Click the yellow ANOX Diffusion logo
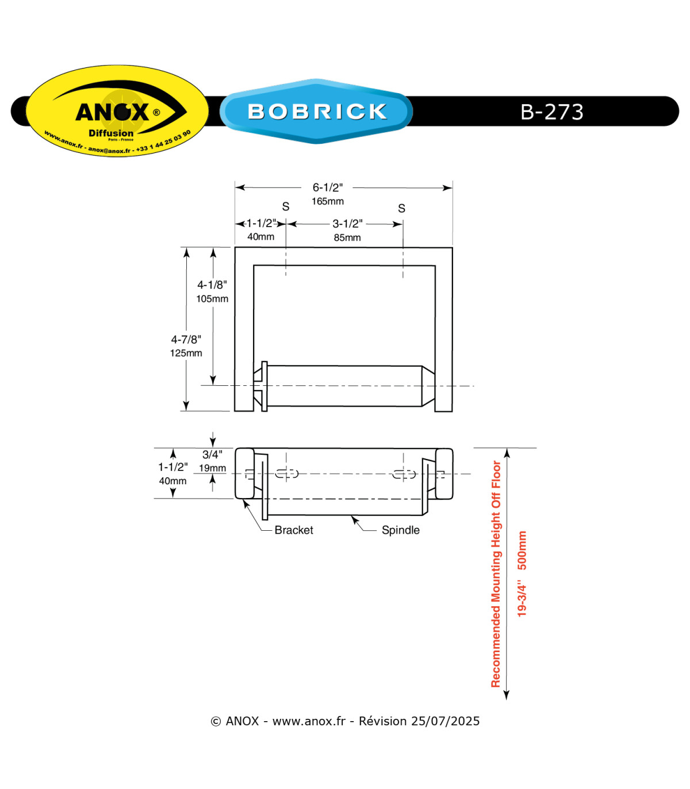[117, 110]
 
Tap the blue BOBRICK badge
[316, 111]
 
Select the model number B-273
[551, 112]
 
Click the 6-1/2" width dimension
[327, 187]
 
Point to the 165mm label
[327, 201]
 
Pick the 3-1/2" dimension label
[347, 224]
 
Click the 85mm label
[347, 238]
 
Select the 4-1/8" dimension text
[212, 285]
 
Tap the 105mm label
[212, 298]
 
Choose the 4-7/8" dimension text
[186, 339]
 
